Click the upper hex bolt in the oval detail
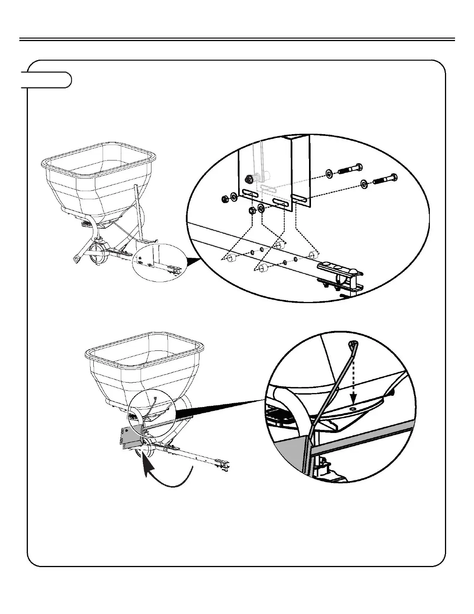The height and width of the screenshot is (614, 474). click(x=351, y=169)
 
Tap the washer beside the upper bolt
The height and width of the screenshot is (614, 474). click(x=329, y=172)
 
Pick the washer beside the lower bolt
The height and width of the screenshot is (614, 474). click(x=364, y=184)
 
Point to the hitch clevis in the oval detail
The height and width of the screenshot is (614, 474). click(x=341, y=275)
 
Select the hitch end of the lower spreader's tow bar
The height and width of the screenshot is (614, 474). click(x=224, y=464)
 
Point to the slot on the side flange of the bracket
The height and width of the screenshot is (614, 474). click(x=300, y=200)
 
